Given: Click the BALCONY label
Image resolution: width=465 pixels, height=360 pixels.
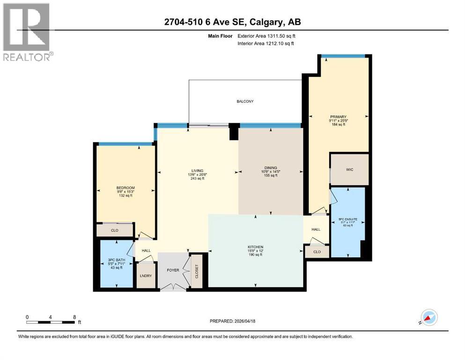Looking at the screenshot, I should (x=245, y=101).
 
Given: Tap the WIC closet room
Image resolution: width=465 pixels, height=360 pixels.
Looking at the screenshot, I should (x=348, y=169).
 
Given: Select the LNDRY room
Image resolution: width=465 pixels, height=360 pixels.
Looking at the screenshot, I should (x=146, y=276).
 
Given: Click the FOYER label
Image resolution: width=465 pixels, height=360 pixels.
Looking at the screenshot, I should (x=173, y=270).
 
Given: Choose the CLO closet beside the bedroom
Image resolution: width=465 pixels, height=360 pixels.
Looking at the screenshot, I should (x=115, y=230).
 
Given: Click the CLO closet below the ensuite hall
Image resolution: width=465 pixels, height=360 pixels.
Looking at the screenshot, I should (x=317, y=252).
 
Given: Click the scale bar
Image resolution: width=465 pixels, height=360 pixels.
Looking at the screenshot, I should (x=51, y=322).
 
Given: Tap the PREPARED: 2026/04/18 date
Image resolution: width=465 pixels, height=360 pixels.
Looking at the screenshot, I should (x=232, y=321).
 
